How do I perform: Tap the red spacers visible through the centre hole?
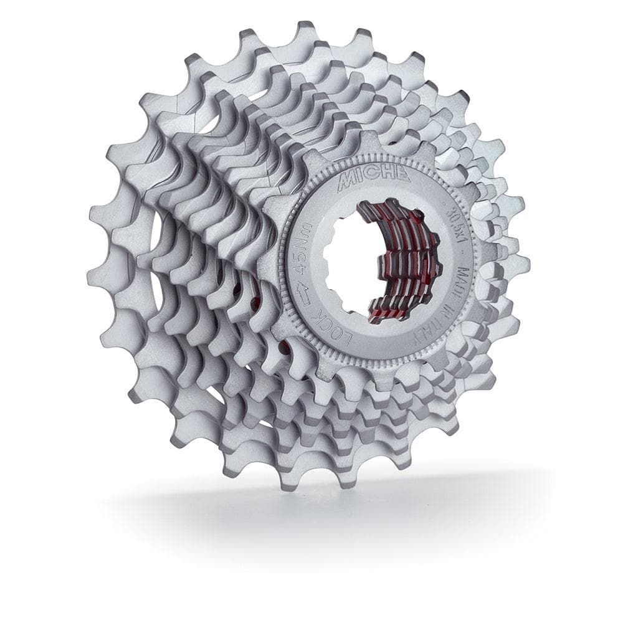(399, 262)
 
